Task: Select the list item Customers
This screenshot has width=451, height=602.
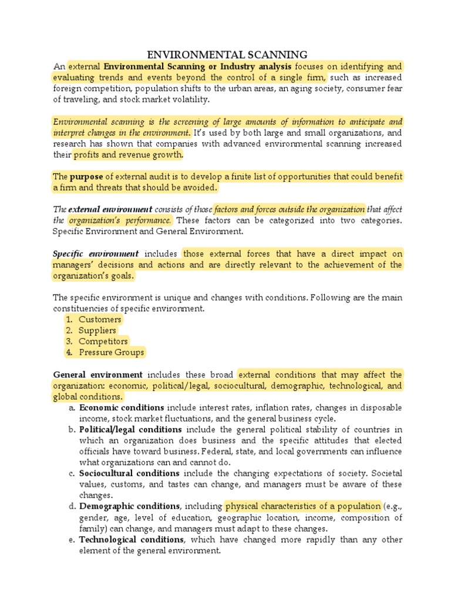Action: pyautogui.click(x=100, y=320)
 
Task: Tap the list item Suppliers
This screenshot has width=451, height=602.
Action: pyautogui.click(x=97, y=330)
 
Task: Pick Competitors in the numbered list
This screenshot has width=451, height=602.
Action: pyautogui.click(x=103, y=342)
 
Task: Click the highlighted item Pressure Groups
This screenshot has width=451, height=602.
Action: pyautogui.click(x=111, y=353)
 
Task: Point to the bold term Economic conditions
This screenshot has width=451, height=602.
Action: pyautogui.click(x=122, y=408)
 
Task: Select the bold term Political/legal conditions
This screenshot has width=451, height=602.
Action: pyautogui.click(x=130, y=430)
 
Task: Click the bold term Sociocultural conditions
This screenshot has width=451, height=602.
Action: pyautogui.click(x=129, y=473)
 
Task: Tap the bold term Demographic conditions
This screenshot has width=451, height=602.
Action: pyautogui.click(x=129, y=506)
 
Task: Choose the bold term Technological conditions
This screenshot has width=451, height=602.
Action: pyautogui.click(x=132, y=540)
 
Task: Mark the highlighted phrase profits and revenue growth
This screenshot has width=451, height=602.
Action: pyautogui.click(x=128, y=155)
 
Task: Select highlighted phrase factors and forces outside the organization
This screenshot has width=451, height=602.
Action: pyautogui.click(x=289, y=209)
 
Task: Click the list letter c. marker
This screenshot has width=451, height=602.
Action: pyautogui.click(x=72, y=473)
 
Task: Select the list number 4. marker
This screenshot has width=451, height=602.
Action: pyautogui.click(x=69, y=353)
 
